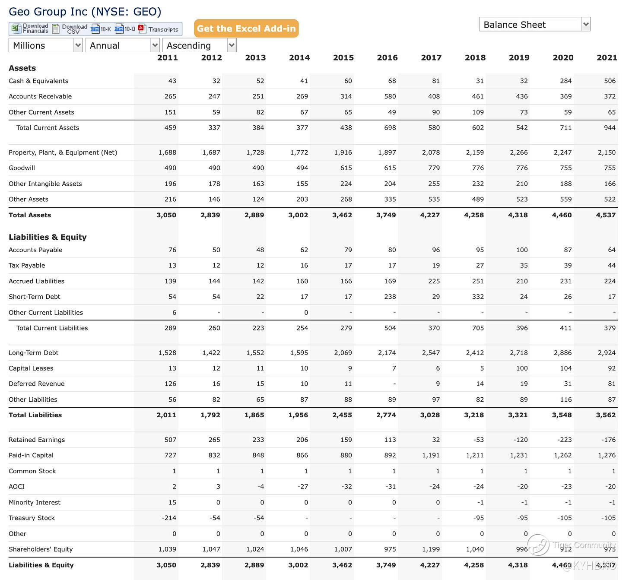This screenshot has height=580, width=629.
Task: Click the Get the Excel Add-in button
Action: pyautogui.click(x=246, y=29)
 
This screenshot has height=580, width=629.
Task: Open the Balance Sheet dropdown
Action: pyautogui.click(x=534, y=25)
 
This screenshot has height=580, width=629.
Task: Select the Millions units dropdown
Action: pyautogui.click(x=45, y=45)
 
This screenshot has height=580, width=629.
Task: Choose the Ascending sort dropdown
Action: pyautogui.click(x=199, y=45)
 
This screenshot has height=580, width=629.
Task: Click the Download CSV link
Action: pyautogui.click(x=70, y=29)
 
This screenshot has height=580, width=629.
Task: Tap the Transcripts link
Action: pyautogui.click(x=159, y=29)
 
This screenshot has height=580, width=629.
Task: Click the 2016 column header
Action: pyautogui.click(x=387, y=57)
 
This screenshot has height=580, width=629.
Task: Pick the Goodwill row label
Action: pyautogui.click(x=22, y=168)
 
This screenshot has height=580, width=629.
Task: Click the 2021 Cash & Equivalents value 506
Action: pyautogui.click(x=610, y=81)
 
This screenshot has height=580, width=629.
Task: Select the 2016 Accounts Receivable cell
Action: pyautogui.click(x=390, y=96)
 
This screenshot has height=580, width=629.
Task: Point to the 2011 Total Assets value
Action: pyautogui.click(x=166, y=215)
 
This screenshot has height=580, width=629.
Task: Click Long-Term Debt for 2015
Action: pyautogui.click(x=343, y=353)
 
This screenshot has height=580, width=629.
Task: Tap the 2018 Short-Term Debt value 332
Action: pyautogui.click(x=477, y=297)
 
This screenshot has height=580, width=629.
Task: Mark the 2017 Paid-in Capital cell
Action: pyautogui.click(x=431, y=455)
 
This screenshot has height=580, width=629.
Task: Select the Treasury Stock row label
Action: pyautogui.click(x=32, y=518)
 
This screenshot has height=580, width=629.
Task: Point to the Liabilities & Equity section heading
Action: pyautogui.click(x=48, y=237)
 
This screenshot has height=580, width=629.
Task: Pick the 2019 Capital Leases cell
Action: pyautogui.click(x=521, y=368)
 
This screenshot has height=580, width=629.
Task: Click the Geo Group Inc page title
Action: pyautogui.click(x=85, y=12)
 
